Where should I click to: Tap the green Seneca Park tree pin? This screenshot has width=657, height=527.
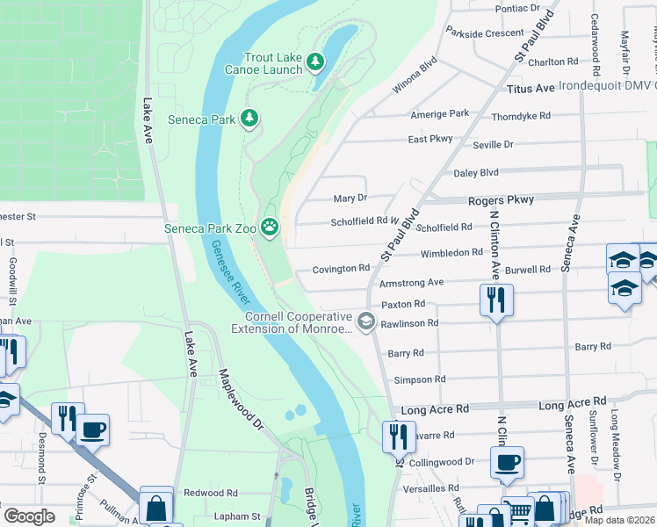pos(250,118)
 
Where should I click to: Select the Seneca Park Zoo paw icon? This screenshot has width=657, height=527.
pos(270,228)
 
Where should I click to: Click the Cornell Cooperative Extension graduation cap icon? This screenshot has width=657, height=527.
pos(366,323)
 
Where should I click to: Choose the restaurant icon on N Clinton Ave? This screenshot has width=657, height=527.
pos(496,299)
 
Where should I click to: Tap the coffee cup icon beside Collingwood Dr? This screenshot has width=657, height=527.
pos(508,463)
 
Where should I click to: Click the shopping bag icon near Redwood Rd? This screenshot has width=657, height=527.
pos(155,506)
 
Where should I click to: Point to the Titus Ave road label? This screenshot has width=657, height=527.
pos(531,89)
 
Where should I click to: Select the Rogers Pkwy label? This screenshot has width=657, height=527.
pos(501,200)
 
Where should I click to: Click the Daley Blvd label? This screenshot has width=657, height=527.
pos(475,173)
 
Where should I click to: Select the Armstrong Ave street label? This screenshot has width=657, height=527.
pos(411,283)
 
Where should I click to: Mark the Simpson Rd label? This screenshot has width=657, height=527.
pos(420,379)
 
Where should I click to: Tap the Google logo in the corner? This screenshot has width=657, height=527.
pos(29,516)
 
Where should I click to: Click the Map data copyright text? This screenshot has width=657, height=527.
pos(619,520)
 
